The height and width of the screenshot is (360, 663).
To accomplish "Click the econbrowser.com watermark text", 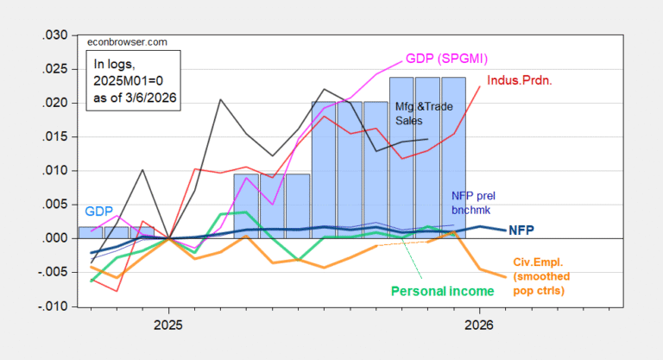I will tap(124, 41).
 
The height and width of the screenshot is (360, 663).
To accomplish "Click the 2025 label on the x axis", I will tap(168, 328).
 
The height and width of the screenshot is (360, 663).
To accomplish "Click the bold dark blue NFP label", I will tap(521, 231).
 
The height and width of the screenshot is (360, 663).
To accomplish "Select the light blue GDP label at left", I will tap(98, 211).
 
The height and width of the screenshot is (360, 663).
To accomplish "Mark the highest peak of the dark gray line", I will tap(220, 99).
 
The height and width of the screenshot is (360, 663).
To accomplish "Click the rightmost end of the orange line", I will tap(505, 276).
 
